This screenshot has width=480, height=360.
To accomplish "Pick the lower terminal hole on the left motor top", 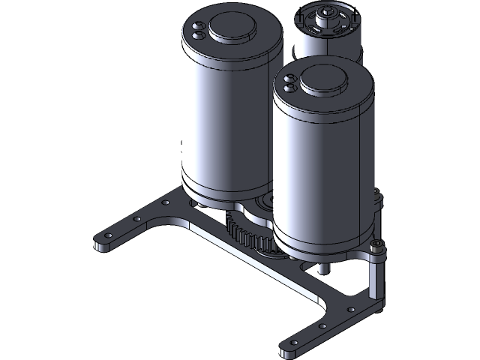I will [x=199, y=34].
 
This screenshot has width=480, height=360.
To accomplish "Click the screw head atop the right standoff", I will [x=378, y=247].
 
